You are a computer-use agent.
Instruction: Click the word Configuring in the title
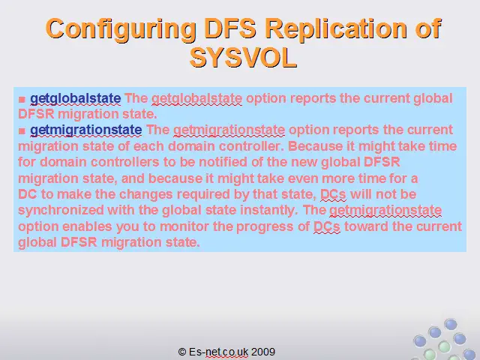[x=121, y=29]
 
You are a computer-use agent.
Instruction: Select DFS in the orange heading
[x=230, y=28]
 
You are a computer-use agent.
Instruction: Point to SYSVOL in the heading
[x=243, y=58]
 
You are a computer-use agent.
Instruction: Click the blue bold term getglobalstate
[x=75, y=98]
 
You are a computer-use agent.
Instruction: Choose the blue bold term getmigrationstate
[x=86, y=130]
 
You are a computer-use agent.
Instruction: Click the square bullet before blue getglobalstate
[x=22, y=99]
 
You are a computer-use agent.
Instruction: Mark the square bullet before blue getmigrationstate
[x=22, y=130]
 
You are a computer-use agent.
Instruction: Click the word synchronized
[x=61, y=210]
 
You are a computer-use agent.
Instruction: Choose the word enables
[x=87, y=226]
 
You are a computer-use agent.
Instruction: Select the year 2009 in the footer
[x=263, y=352]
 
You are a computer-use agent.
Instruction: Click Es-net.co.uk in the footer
[x=218, y=352]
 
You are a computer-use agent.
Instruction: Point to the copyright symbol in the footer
[x=182, y=352]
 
